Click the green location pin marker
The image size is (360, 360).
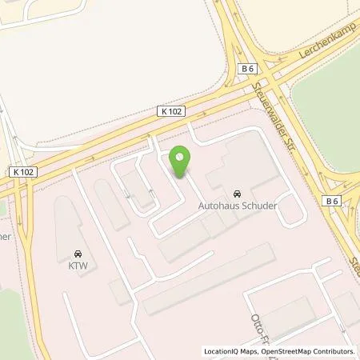click(181, 162)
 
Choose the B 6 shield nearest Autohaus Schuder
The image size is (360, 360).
click(333, 202)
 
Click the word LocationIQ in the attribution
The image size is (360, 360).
click(222, 351)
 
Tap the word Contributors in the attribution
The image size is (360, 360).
click(335, 351)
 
